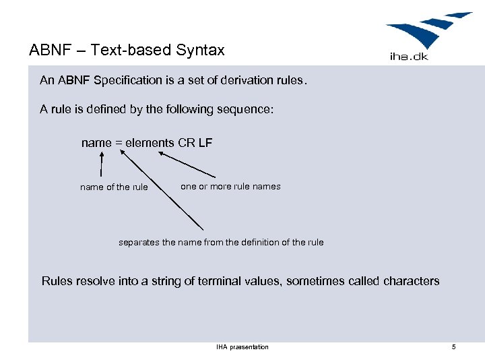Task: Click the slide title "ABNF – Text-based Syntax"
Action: (127, 50)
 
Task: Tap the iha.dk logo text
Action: (409, 57)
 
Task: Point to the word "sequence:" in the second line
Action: (249, 109)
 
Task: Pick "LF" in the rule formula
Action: (205, 143)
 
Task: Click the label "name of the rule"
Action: (114, 187)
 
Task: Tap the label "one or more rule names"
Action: (230, 186)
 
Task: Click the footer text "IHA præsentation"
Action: (243, 347)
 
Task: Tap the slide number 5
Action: (454, 347)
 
